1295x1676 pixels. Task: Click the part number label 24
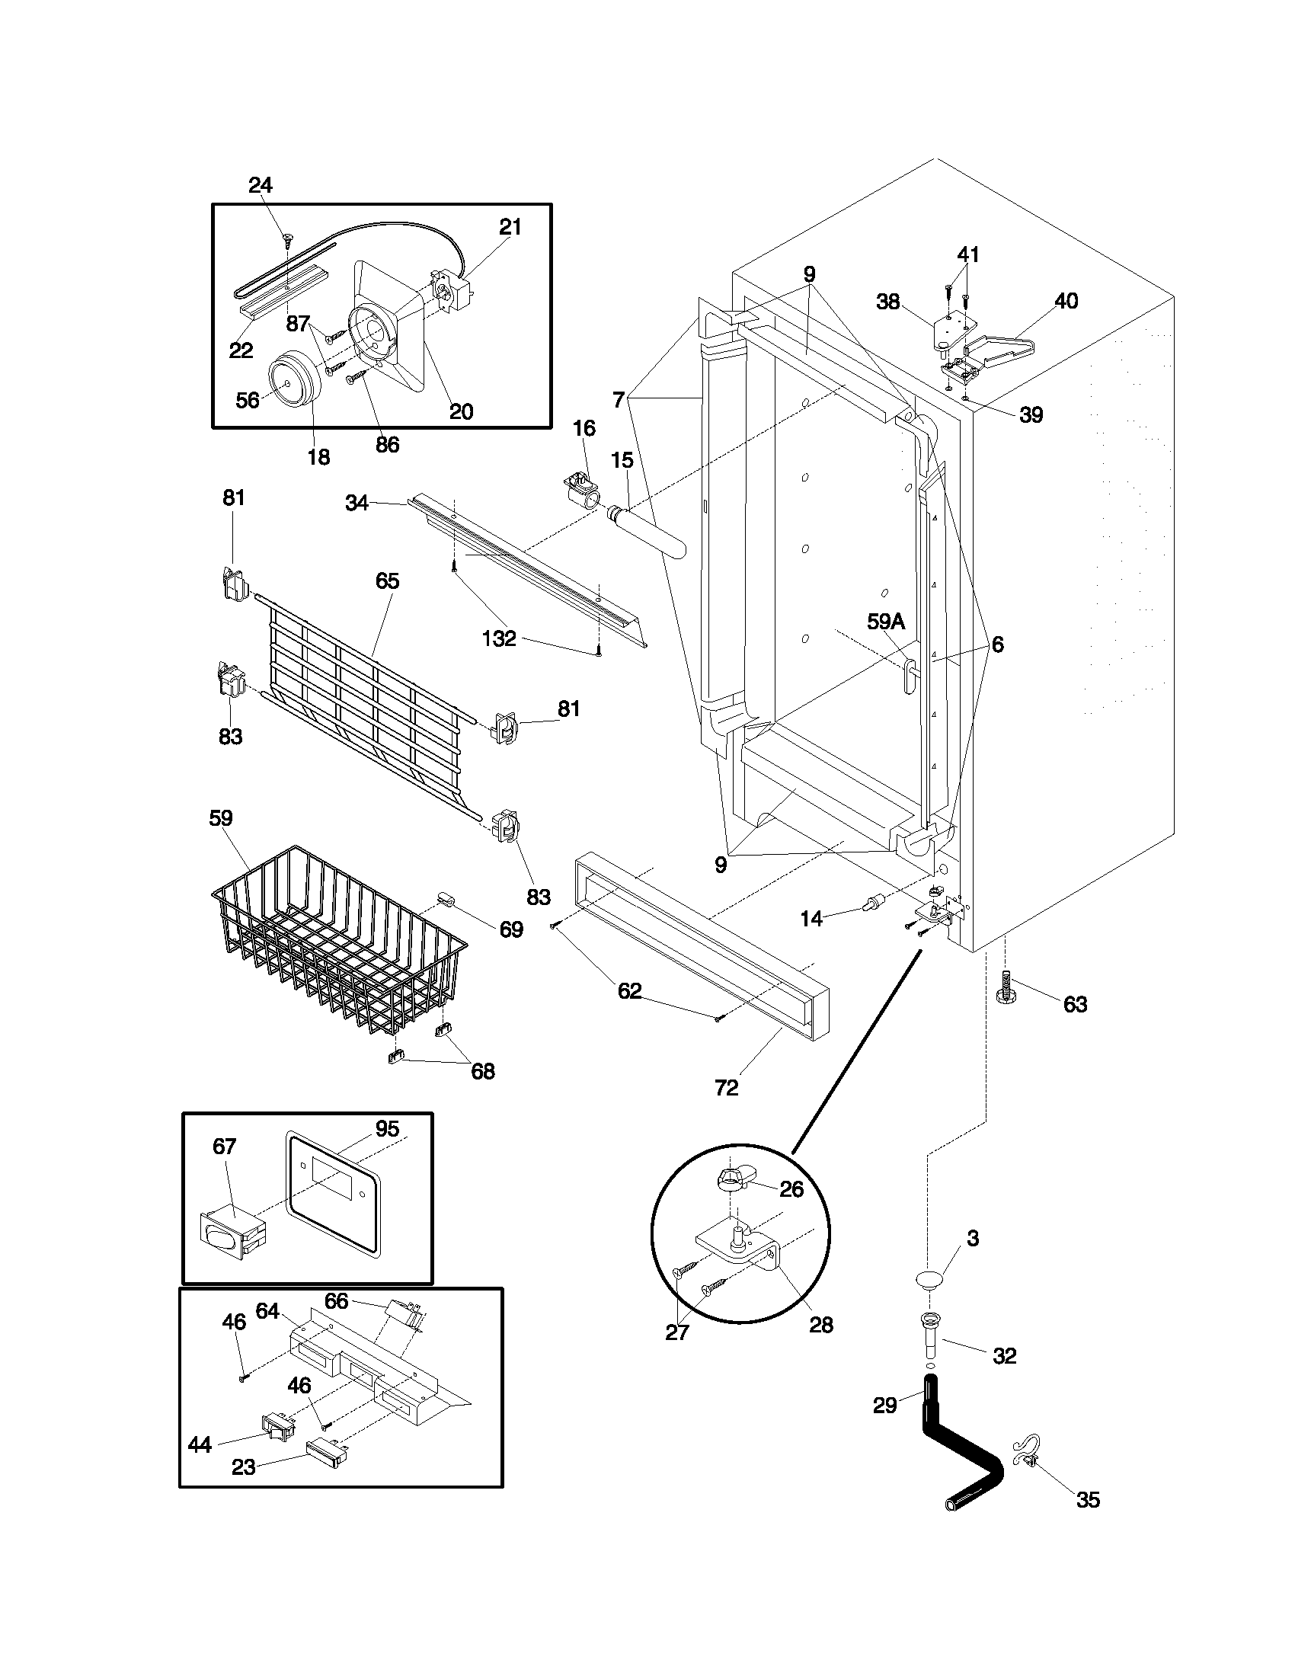click(x=260, y=185)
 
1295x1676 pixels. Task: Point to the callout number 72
click(x=726, y=1087)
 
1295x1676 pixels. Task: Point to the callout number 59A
click(x=886, y=622)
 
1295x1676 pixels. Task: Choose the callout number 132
click(x=499, y=638)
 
